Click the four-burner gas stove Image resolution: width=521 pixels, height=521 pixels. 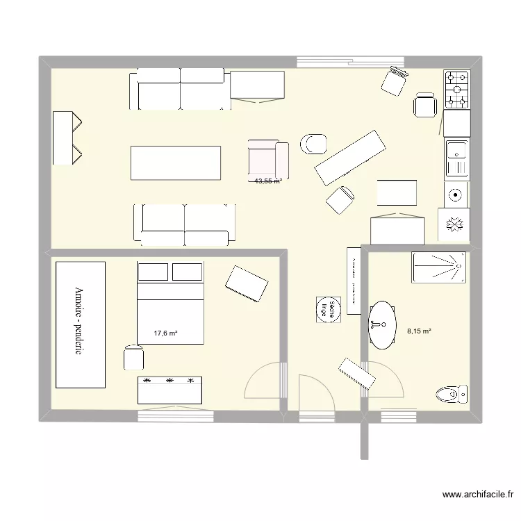457,90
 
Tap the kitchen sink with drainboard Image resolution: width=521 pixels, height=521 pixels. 456,158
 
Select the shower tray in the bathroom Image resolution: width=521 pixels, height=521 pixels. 438,267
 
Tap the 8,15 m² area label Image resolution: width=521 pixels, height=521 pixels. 419,331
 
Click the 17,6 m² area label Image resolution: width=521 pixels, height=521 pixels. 165,333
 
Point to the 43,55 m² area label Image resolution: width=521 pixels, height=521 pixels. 267,181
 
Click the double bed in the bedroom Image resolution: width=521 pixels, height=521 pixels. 170,303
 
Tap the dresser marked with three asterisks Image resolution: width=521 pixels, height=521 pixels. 169,390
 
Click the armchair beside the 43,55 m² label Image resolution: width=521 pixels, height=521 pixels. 267,158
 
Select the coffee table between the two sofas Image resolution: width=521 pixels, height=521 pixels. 175,163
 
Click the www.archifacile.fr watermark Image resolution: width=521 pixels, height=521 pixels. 479,495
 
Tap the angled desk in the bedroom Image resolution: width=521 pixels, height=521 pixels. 246,284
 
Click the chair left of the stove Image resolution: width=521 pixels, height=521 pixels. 424,106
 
